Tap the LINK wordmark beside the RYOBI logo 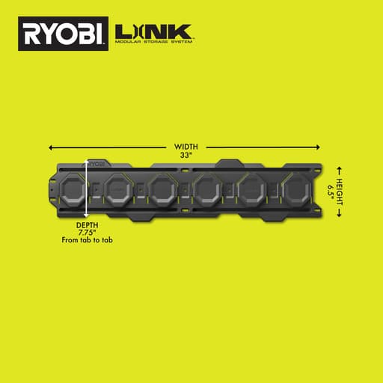pyautogui.click(x=154, y=32)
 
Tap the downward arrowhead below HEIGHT pyautogui.click(x=340, y=215)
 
